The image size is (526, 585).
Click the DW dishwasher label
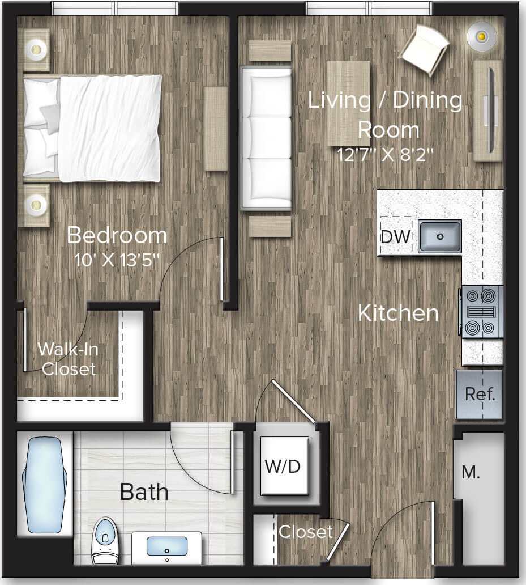pyautogui.click(x=395, y=237)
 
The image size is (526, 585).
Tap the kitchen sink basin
pyautogui.click(x=440, y=236)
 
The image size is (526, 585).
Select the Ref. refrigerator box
pyautogui.click(x=480, y=395)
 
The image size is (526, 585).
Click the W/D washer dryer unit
pyautogui.click(x=283, y=467)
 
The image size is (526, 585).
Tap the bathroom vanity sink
pyautogui.click(x=167, y=547)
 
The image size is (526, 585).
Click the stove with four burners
pyautogui.click(x=482, y=312)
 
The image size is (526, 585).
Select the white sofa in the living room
pyautogui.click(x=266, y=138)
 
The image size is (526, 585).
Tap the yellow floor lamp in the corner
pyautogui.click(x=481, y=37)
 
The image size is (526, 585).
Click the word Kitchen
pyautogui.click(x=399, y=313)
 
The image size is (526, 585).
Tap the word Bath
pyautogui.click(x=144, y=492)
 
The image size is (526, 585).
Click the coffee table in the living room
pyautogui.click(x=348, y=103)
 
